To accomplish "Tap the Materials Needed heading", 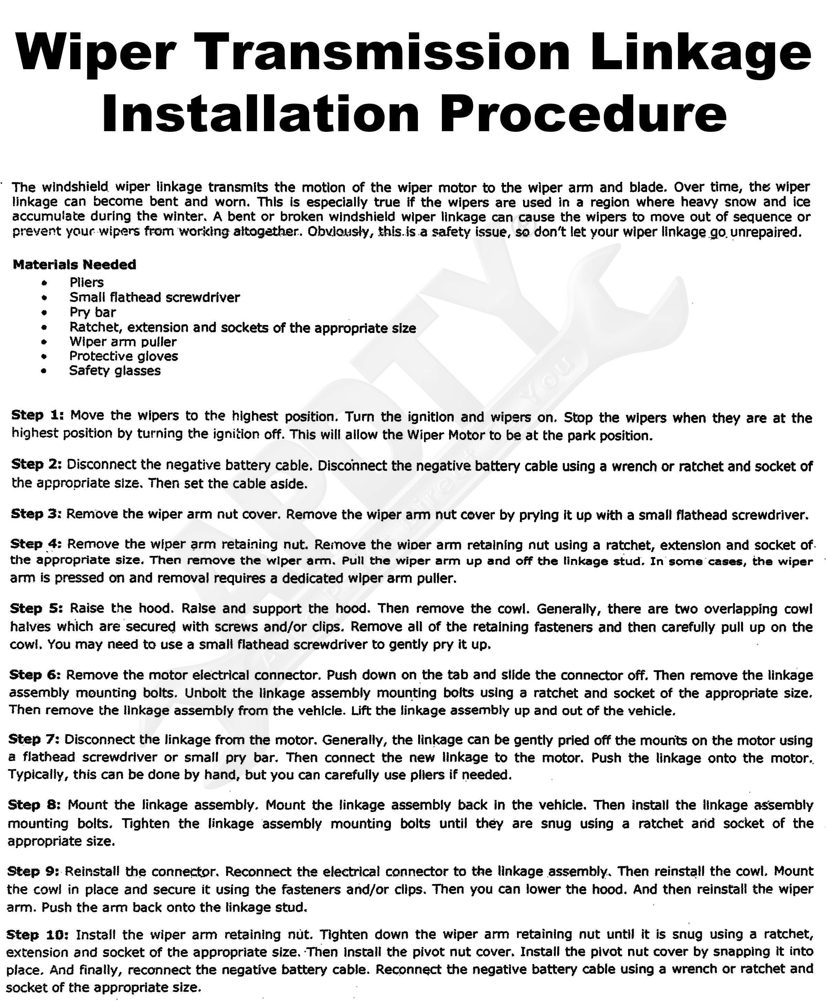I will tap(74, 264).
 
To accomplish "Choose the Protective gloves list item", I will tap(123, 356).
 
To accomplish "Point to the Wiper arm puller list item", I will tap(123, 342).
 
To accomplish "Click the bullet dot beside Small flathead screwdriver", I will tap(44, 298).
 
